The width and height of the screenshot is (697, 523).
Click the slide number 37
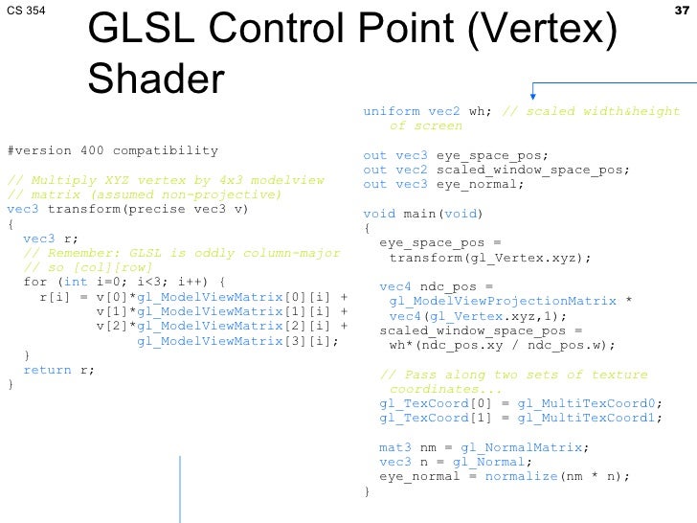click(x=682, y=11)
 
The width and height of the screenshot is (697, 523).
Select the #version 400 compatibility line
click(x=112, y=151)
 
